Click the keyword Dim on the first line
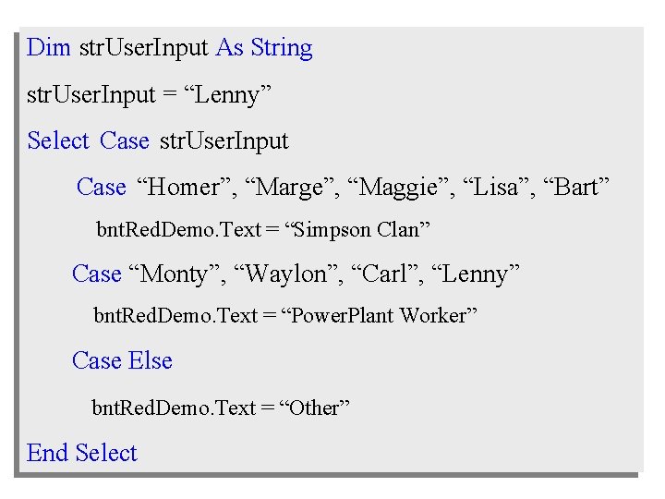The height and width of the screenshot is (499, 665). click(x=49, y=48)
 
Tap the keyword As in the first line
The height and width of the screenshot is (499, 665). click(x=229, y=48)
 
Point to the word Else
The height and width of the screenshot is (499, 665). click(x=151, y=360)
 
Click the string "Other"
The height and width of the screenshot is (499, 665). click(x=315, y=408)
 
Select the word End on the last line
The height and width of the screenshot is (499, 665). click(x=48, y=453)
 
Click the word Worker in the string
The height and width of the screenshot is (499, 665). click(x=438, y=316)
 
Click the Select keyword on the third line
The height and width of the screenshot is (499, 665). click(x=58, y=141)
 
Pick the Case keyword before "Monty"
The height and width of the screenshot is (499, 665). click(x=97, y=274)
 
